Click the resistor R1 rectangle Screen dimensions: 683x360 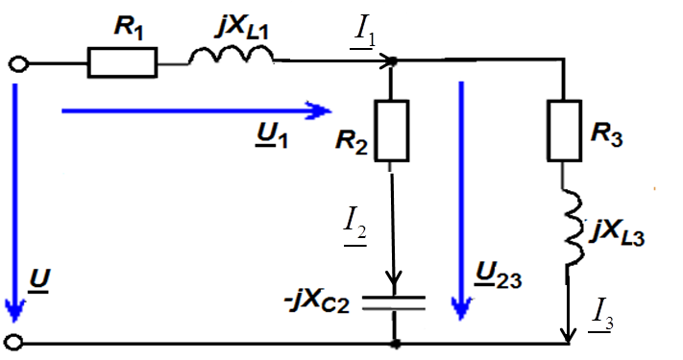click(x=122, y=62)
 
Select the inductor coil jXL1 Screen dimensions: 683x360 click(x=231, y=56)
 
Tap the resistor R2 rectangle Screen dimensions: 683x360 click(x=392, y=131)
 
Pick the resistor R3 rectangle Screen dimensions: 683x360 click(x=564, y=131)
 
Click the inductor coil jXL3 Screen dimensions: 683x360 click(x=575, y=228)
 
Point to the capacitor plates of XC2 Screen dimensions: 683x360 click(x=394, y=303)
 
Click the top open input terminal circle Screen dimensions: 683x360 click(x=18, y=64)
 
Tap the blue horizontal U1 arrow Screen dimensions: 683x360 click(x=197, y=111)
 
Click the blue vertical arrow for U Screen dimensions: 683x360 click(x=15, y=203)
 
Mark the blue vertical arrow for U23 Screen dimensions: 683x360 click(x=461, y=201)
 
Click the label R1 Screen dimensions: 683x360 click(x=129, y=28)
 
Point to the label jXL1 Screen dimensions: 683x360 click(x=242, y=27)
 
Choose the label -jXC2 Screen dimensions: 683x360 click(x=317, y=303)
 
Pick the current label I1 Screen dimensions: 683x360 click(x=364, y=34)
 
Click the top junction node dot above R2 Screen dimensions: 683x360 click(x=392, y=61)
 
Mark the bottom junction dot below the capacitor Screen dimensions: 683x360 click(x=395, y=344)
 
